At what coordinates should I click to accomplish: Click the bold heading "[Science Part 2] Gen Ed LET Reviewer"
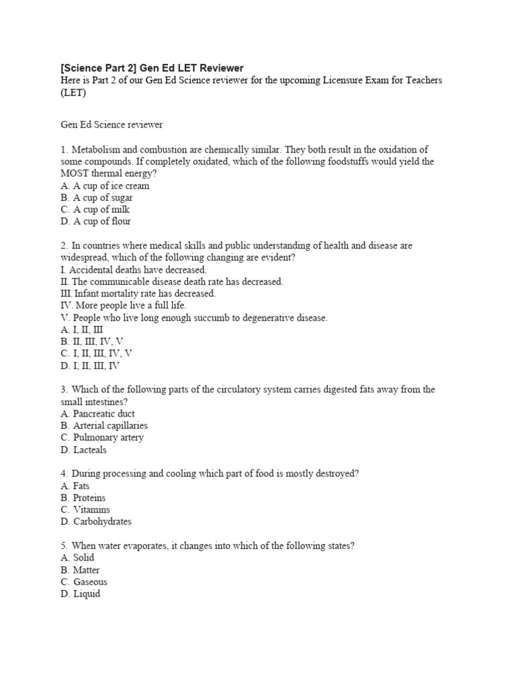(x=152, y=68)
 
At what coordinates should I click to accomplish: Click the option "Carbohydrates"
(x=101, y=521)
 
